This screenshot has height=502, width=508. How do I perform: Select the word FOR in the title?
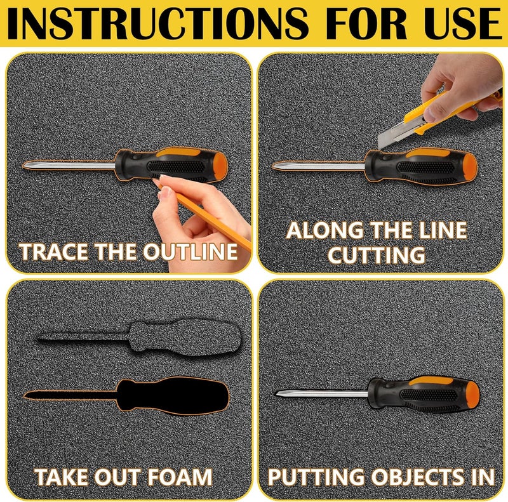pos(368,23)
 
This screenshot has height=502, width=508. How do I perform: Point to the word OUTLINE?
pos(190,252)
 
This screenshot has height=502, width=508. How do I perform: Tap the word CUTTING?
pos(377,255)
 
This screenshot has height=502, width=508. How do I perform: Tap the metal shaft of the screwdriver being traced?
pos(69,166)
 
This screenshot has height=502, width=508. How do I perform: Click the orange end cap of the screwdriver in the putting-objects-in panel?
pos(472,393)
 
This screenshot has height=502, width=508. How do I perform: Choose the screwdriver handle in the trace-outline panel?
pos(171,165)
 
